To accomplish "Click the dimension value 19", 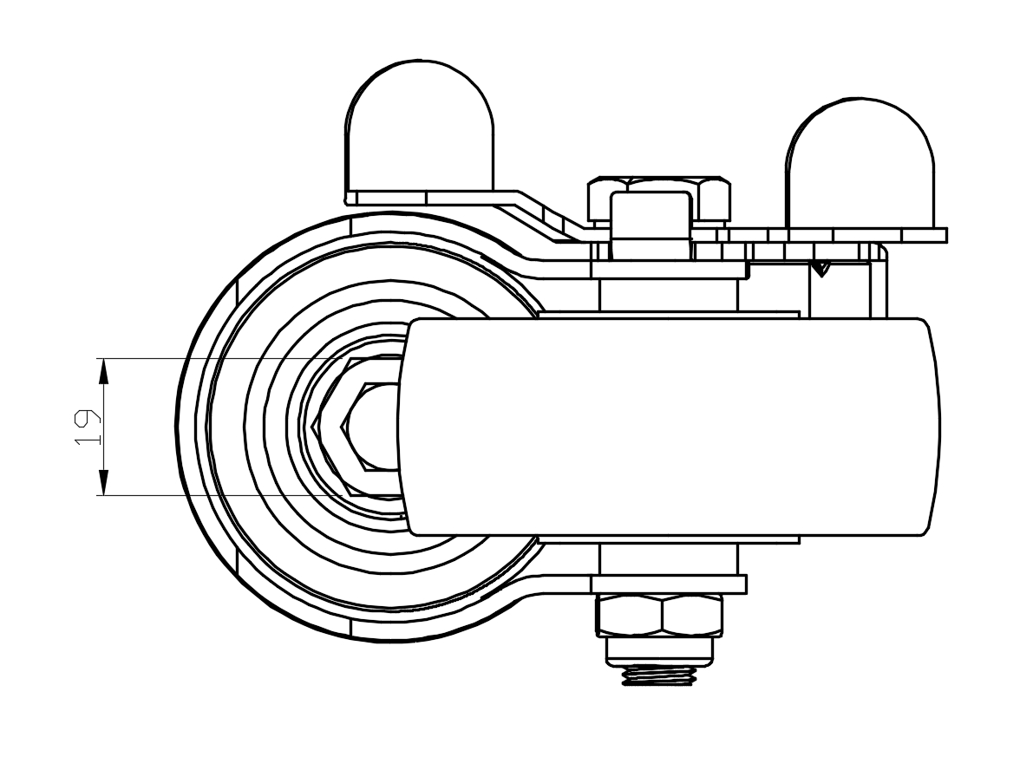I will click(86, 427).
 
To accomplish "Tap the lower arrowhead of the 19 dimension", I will click(103, 483).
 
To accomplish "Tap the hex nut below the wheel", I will click(659, 616).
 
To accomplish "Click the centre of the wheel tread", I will click(668, 427).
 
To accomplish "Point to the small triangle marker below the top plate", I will click(821, 269).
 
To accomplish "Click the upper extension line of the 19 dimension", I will click(217, 358).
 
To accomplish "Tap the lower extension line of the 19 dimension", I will click(217, 495).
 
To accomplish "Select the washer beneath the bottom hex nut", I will click(659, 650).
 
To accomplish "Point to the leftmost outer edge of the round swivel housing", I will click(177, 427).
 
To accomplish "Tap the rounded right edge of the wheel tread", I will click(935, 427).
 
